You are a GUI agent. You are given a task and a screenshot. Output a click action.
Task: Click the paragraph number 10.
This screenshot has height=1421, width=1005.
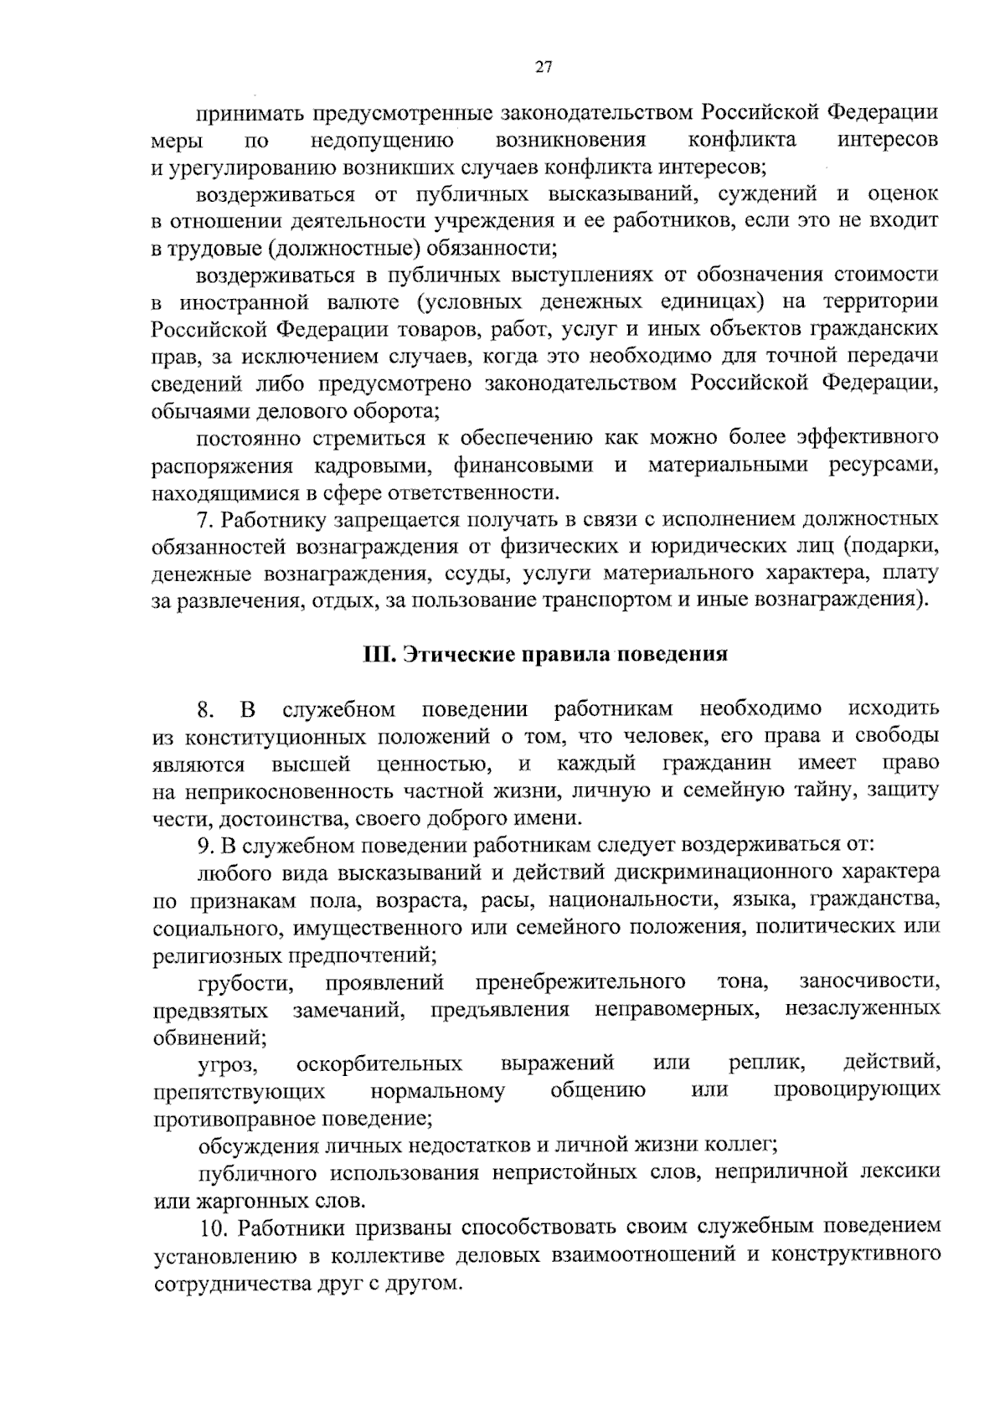pos(214,1228)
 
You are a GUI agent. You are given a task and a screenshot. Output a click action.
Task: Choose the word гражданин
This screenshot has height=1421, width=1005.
pos(717,764)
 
